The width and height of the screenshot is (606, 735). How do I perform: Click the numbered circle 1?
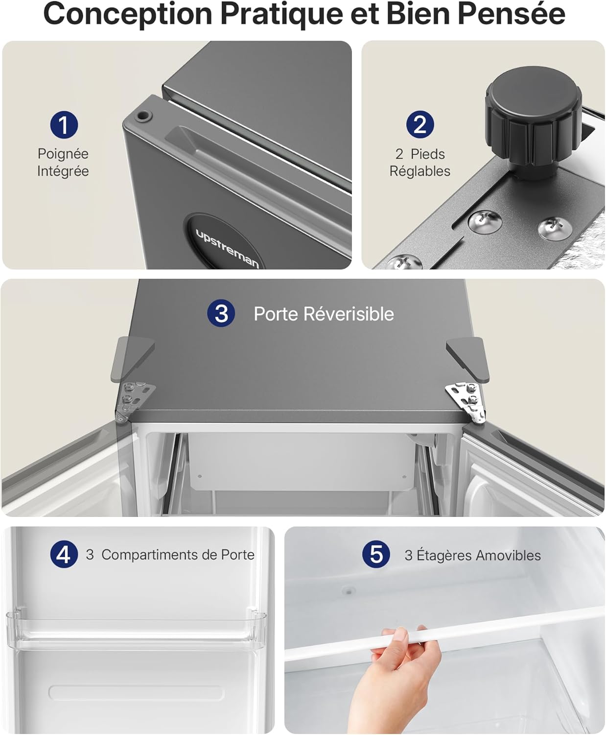tap(64, 124)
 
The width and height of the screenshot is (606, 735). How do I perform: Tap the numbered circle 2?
tap(420, 124)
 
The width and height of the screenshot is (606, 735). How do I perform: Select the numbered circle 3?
tap(221, 313)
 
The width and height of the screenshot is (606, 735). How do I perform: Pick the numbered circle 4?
tap(64, 555)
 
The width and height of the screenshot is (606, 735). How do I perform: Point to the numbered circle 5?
tap(376, 555)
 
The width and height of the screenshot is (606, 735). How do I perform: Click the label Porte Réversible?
tap(324, 314)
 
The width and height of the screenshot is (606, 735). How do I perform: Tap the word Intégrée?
tap(63, 171)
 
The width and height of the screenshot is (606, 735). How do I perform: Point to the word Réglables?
tap(420, 171)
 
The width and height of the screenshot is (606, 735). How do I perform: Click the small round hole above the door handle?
tap(143, 116)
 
